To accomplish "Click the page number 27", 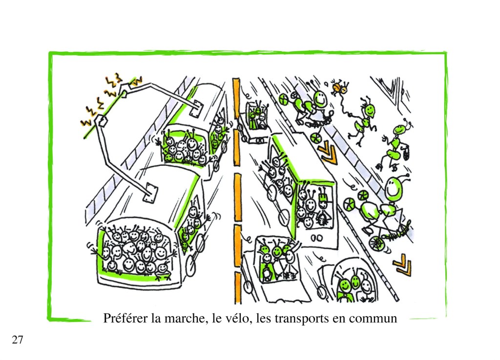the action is point(18,340).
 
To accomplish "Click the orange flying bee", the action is point(339,87).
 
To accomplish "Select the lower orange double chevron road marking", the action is point(402,264).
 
